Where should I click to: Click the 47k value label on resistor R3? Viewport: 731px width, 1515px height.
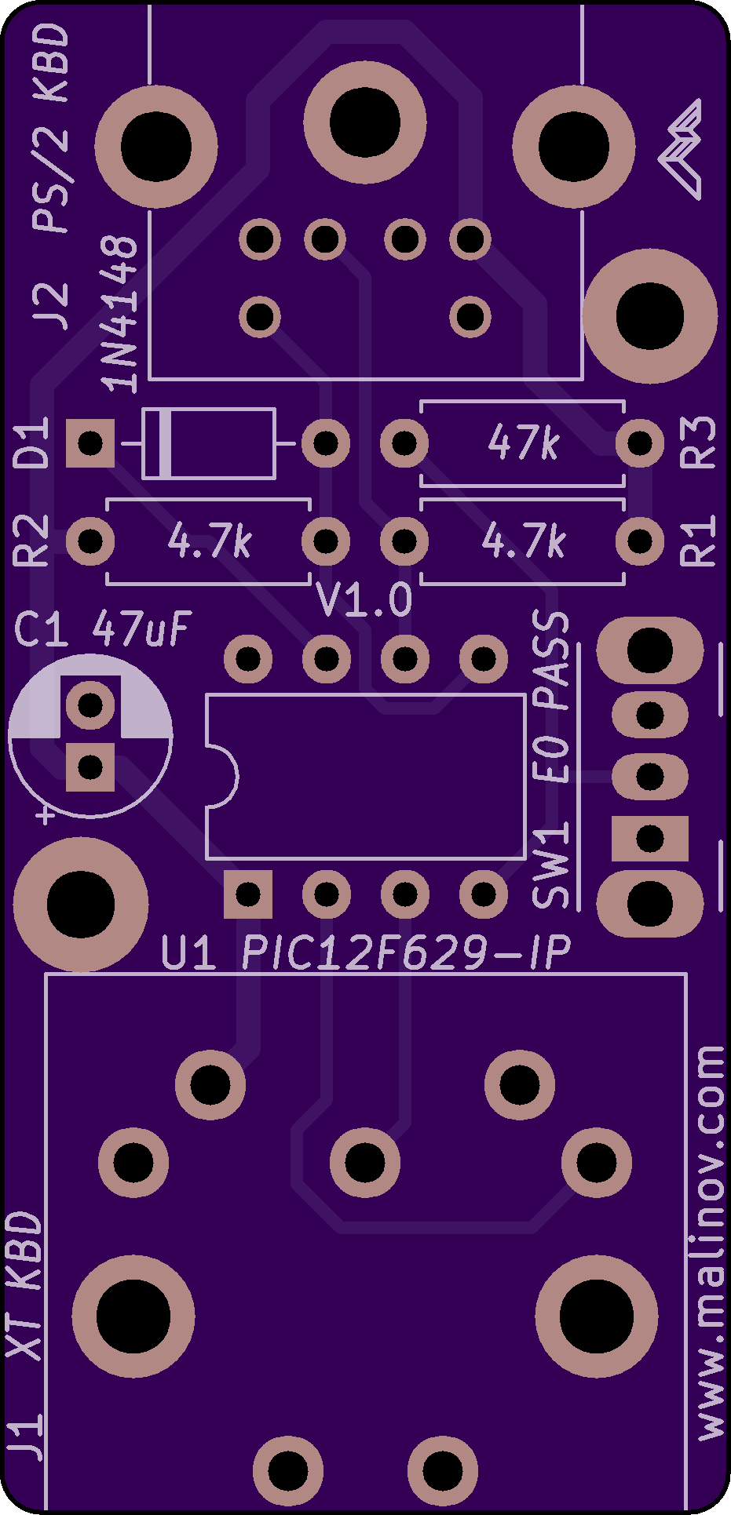523,443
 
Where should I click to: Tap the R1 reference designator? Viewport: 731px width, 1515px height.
698,541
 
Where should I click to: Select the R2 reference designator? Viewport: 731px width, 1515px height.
32,541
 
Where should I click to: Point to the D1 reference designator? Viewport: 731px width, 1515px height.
32,443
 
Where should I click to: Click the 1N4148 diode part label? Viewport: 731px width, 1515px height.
120,314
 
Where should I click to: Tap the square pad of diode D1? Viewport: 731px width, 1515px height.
90,443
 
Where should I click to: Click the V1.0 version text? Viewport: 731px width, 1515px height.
364,601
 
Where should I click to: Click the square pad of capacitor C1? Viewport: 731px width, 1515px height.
90,766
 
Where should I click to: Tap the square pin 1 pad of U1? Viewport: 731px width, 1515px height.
248,894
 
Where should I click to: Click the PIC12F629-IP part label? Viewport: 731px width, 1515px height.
405,953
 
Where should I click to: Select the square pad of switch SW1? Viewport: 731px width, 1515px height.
650,838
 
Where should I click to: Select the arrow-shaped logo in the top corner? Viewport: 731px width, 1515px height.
681,149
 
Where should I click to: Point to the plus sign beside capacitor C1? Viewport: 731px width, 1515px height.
46,815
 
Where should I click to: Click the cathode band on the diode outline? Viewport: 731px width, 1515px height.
165,443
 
